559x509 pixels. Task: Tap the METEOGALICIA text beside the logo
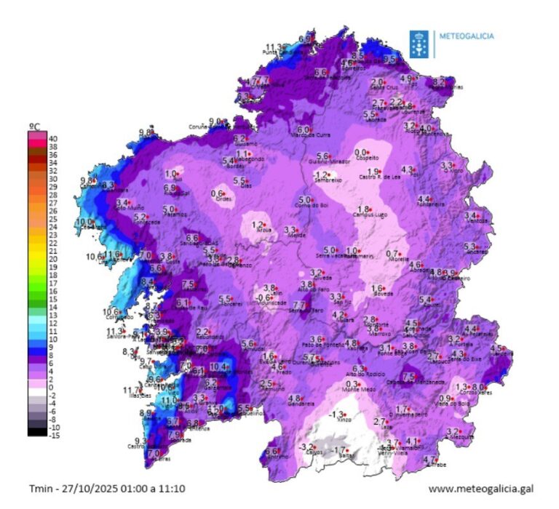click(x=464, y=35)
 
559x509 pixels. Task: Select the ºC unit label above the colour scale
click(x=34, y=127)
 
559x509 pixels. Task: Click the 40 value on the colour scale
click(x=53, y=137)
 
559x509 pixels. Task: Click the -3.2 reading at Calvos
click(x=306, y=446)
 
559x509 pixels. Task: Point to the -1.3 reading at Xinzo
click(x=336, y=414)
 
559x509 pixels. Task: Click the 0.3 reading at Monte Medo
click(x=352, y=384)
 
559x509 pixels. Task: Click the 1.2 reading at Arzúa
click(x=256, y=225)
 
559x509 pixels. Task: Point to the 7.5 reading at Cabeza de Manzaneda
click(x=408, y=376)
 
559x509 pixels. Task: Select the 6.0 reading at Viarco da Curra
click(x=303, y=129)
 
